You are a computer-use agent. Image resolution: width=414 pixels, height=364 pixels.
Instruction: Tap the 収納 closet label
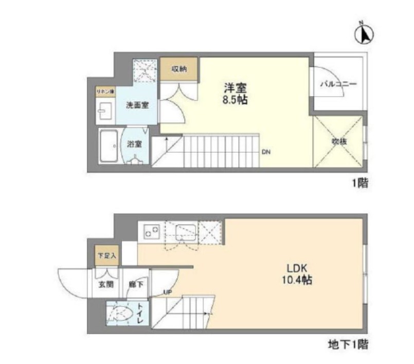click(x=178, y=69)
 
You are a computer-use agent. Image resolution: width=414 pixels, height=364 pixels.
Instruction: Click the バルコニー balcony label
click(x=338, y=84)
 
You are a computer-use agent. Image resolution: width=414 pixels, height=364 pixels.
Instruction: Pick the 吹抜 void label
click(x=338, y=141)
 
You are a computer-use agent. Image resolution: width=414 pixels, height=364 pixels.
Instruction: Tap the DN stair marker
click(x=266, y=152)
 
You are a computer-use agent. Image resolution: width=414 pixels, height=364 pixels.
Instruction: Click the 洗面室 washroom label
click(x=138, y=105)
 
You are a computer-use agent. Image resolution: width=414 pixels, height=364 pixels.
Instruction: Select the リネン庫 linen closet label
click(x=105, y=92)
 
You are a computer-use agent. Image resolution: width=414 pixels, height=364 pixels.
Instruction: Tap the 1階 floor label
click(x=359, y=183)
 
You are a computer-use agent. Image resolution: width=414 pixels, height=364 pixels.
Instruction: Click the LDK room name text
click(x=297, y=268)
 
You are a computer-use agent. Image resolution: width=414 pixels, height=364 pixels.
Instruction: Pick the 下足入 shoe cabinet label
click(x=106, y=254)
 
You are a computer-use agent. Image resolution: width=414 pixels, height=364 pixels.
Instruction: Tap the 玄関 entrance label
click(x=106, y=285)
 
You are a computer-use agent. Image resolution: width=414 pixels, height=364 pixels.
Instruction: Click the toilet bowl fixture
click(x=120, y=314)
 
